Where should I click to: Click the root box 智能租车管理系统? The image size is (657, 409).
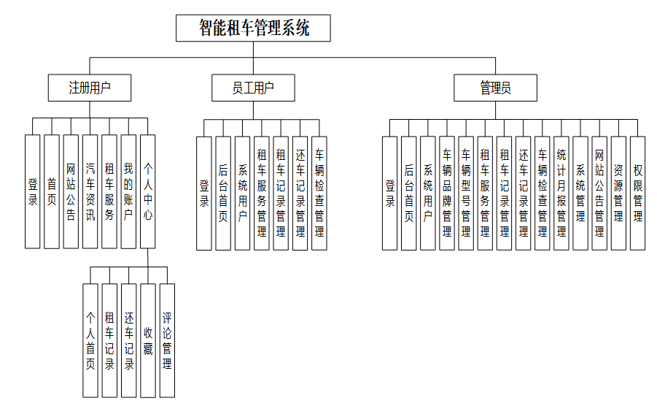[x=253, y=28]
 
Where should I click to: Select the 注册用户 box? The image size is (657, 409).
[x=90, y=88]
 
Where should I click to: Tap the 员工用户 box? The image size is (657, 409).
[x=253, y=88]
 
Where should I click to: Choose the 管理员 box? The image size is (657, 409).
[x=495, y=88]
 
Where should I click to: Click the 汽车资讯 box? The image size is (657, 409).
[x=90, y=191]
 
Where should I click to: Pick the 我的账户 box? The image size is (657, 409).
[x=128, y=191]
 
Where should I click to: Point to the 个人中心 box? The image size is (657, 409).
[x=147, y=191]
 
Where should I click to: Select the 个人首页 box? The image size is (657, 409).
[x=90, y=340]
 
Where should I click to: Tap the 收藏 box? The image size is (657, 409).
[x=148, y=340]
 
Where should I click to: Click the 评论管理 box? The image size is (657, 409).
[x=167, y=340]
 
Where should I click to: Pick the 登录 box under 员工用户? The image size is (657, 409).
[x=204, y=194]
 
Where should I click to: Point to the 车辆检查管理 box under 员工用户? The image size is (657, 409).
[x=319, y=194]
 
